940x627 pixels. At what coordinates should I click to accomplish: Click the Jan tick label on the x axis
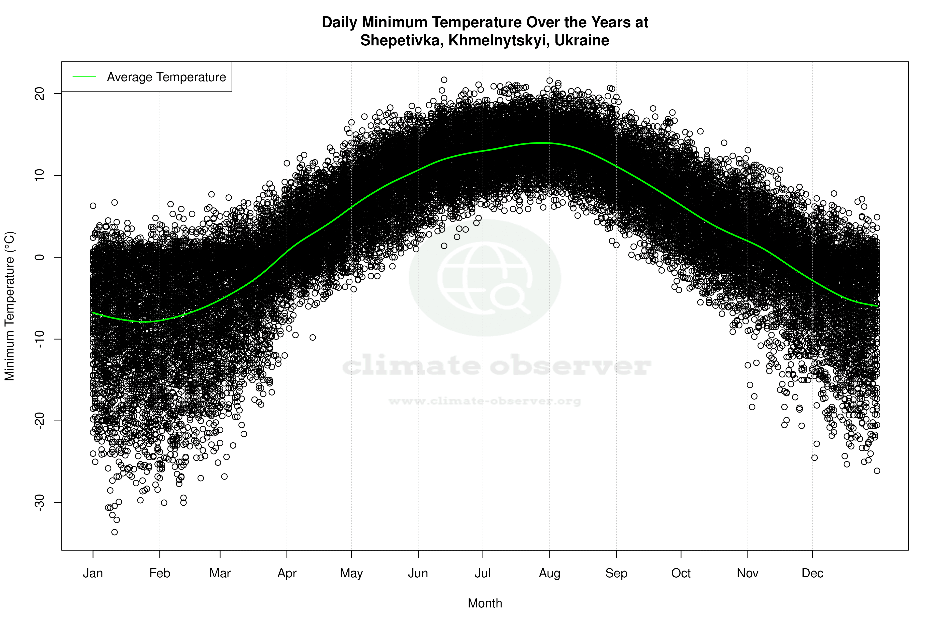(x=93, y=573)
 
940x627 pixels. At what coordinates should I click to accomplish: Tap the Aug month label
(x=549, y=573)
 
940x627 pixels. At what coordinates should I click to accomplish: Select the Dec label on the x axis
(x=812, y=573)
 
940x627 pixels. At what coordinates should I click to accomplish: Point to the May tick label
(x=351, y=573)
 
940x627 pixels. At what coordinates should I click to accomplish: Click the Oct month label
(x=681, y=573)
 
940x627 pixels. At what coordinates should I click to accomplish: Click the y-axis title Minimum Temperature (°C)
(x=10, y=306)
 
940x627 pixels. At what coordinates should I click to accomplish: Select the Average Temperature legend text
(x=166, y=77)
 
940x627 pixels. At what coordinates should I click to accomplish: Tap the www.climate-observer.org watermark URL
(x=485, y=401)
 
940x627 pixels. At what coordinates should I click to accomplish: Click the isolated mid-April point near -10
(x=313, y=338)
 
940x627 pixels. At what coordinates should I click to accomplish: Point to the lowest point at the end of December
(x=877, y=471)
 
